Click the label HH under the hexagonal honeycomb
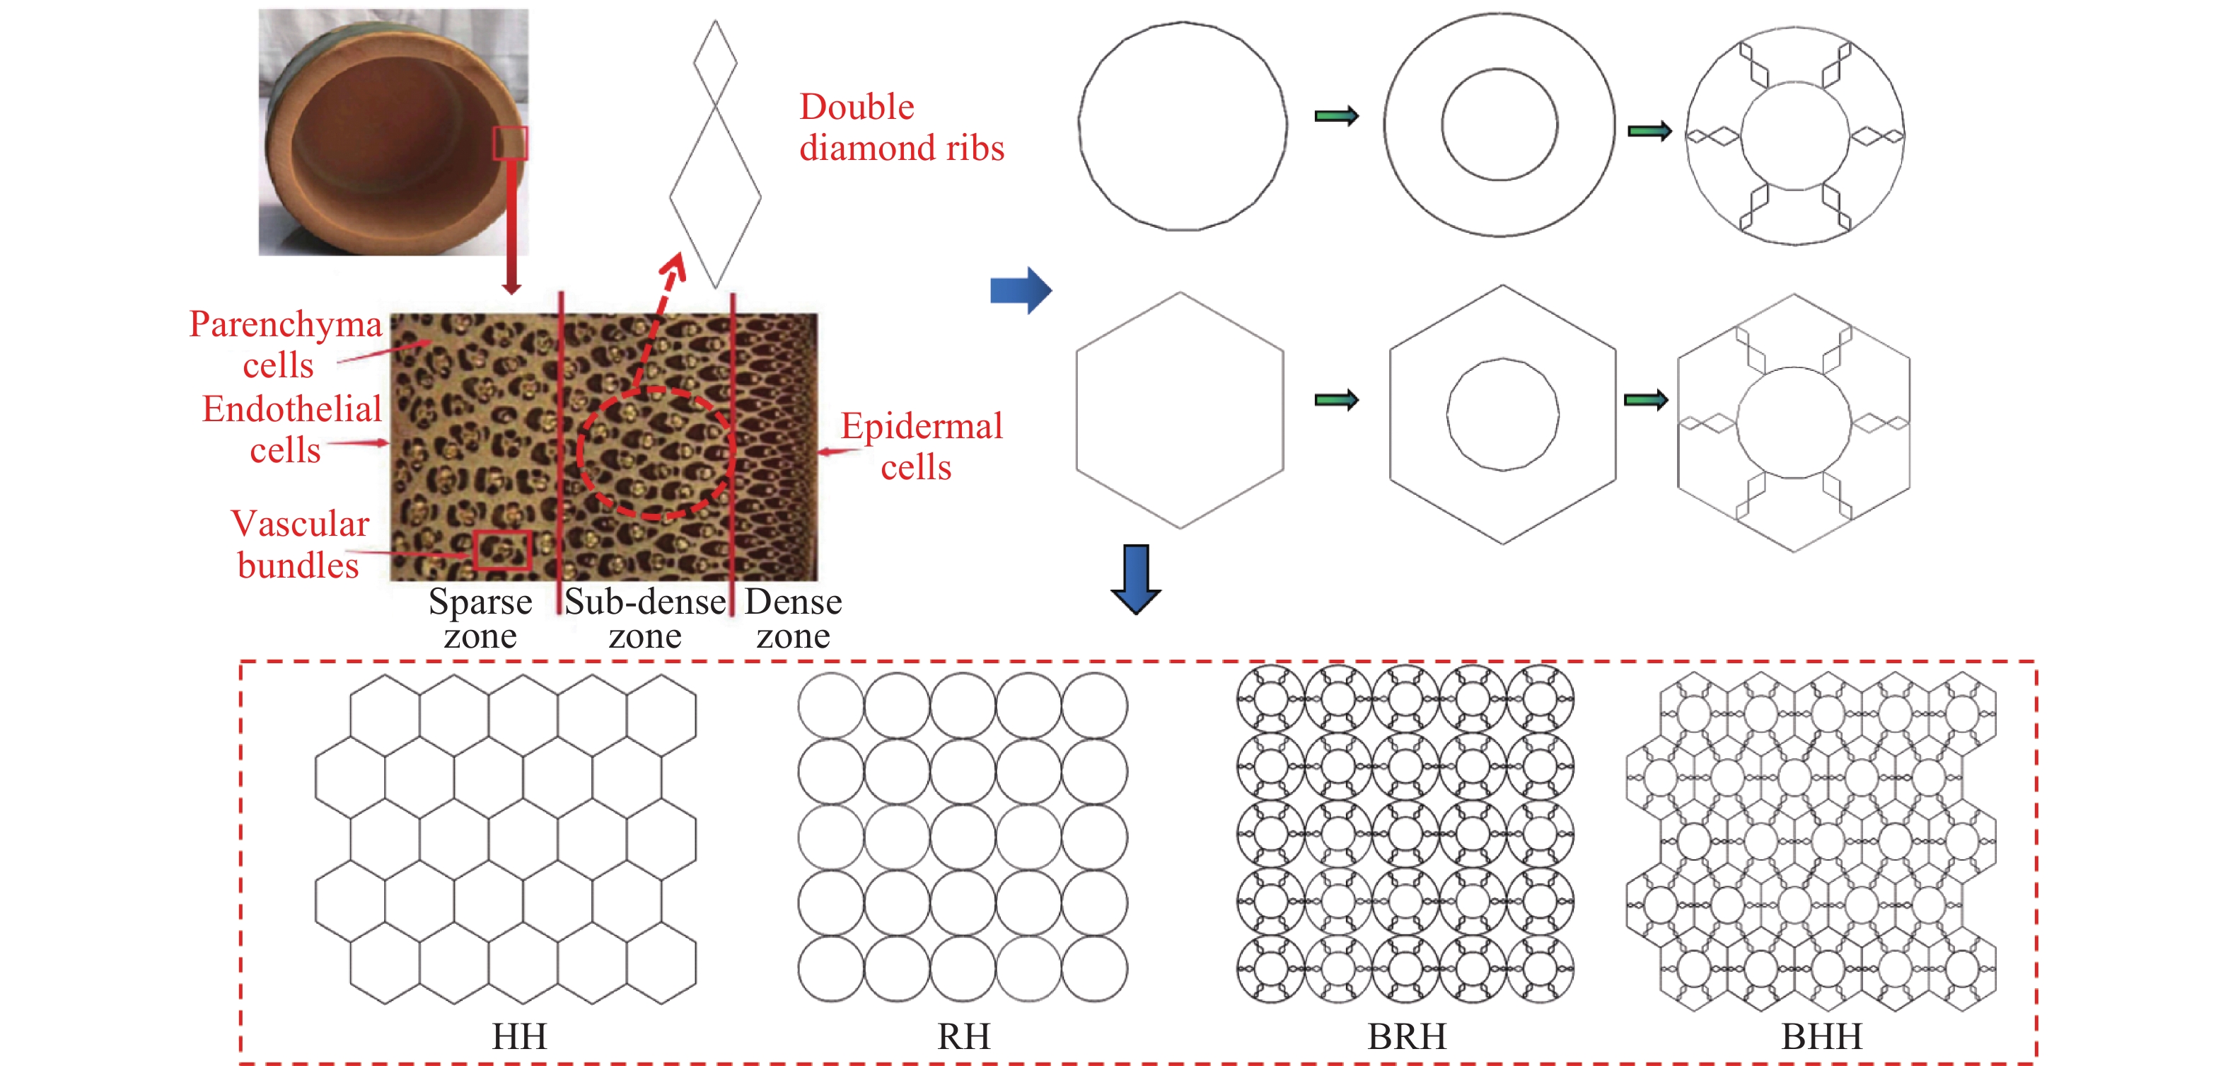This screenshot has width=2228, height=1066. click(x=519, y=1036)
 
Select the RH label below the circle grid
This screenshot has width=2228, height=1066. click(x=963, y=1036)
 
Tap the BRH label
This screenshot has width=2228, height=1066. click(x=1406, y=1036)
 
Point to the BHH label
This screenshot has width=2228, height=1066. click(x=1821, y=1036)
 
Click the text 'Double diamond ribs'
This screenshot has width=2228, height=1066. click(x=901, y=127)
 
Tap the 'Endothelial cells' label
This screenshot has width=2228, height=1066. click(x=291, y=429)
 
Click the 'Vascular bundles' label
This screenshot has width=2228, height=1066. click(x=299, y=544)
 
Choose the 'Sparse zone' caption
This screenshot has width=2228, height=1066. click(x=480, y=618)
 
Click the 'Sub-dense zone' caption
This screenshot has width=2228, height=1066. click(x=645, y=618)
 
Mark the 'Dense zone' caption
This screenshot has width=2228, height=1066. click(x=793, y=618)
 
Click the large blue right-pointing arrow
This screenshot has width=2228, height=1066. click(x=1021, y=290)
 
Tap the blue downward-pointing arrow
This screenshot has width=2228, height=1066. click(x=1136, y=579)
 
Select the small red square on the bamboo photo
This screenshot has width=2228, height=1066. click(x=510, y=143)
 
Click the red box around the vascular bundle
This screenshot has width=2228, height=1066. click(x=501, y=549)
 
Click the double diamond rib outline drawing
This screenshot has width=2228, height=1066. click(x=715, y=154)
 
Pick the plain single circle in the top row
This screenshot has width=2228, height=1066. click(x=1183, y=126)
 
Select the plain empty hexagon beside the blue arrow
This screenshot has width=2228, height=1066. click(x=1180, y=410)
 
